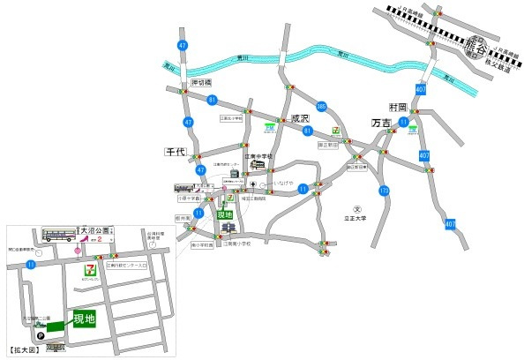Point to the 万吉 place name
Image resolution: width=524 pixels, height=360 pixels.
[x=381, y=124]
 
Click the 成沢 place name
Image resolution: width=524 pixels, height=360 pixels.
[x=301, y=118]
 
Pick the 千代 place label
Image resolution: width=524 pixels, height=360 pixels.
[x=176, y=152]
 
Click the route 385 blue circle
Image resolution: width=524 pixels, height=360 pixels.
[x=321, y=106]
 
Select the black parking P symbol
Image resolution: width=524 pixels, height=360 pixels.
[x=40, y=335]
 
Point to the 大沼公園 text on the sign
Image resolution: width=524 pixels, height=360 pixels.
[x=97, y=229]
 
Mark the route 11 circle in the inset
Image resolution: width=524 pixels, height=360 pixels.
[x=32, y=264]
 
